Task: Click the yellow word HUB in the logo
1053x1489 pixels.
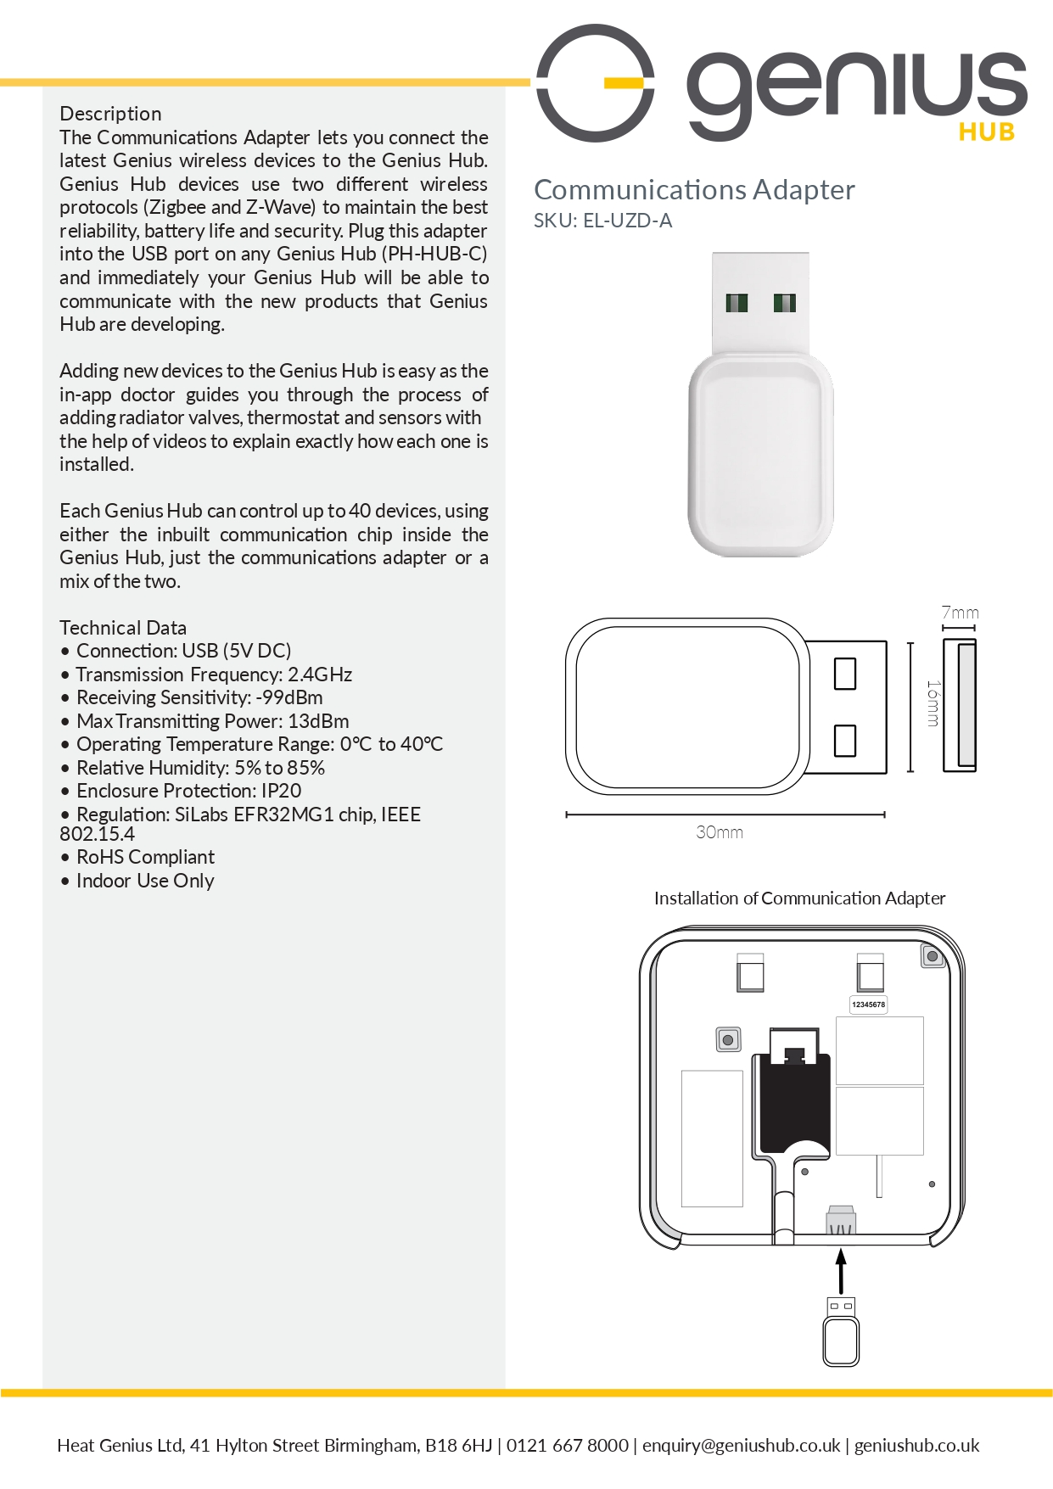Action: coord(987,132)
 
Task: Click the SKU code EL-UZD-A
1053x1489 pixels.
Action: coord(627,221)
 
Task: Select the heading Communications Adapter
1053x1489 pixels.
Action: coord(694,190)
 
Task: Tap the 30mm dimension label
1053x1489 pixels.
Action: coord(720,832)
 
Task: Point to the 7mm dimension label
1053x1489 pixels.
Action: coord(960,613)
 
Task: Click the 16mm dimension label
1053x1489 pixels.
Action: coord(933,703)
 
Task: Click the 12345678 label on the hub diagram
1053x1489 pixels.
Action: coord(868,1005)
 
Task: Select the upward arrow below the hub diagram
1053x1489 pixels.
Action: coord(841,1269)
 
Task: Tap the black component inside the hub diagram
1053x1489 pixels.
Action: coord(793,1103)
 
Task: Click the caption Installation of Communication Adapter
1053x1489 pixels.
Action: coord(799,898)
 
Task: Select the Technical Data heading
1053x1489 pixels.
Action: coord(123,628)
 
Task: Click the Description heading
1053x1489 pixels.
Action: coord(110,114)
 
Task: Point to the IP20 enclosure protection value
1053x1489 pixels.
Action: coord(281,791)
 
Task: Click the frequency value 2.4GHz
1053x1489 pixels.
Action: coord(320,675)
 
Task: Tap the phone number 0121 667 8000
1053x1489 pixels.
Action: coord(568,1445)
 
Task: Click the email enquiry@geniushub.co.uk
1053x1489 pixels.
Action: coord(741,1445)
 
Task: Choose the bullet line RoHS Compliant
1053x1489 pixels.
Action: coord(145,857)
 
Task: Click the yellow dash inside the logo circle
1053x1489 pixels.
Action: coord(624,82)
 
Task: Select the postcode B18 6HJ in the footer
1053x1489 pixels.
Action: coord(458,1445)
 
